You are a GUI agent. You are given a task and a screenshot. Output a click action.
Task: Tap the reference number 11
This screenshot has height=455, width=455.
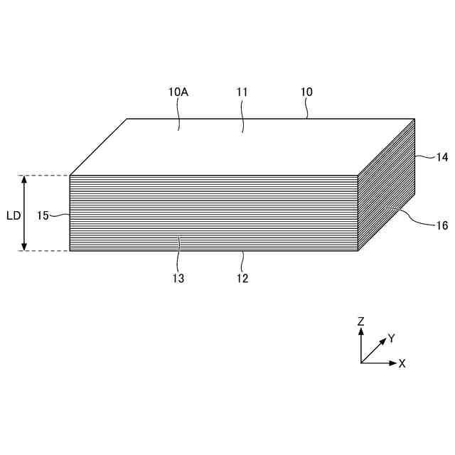[x=242, y=92]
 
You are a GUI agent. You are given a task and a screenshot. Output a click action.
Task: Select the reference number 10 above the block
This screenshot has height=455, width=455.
[x=306, y=92]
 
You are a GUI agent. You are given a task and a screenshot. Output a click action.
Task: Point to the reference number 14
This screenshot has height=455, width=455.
[x=442, y=158]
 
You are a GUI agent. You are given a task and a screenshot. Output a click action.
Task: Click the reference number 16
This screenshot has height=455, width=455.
[x=442, y=225]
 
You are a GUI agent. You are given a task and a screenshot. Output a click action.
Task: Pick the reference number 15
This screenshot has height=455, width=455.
[x=43, y=215]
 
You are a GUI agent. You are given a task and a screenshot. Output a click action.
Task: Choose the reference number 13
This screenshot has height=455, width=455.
[x=178, y=279]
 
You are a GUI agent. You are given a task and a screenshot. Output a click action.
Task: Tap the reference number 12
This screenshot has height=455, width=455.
[x=242, y=279]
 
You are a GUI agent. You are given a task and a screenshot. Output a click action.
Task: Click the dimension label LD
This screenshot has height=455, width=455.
[x=13, y=215]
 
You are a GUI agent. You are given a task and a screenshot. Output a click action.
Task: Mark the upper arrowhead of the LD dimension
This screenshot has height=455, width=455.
[x=25, y=180]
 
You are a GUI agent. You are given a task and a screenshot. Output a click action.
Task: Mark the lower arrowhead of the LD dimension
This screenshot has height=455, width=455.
[x=25, y=246]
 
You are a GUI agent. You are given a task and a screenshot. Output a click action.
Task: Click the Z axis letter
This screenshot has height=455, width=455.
[x=361, y=321]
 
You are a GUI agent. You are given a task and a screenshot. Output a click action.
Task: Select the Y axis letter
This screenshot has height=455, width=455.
[x=391, y=338]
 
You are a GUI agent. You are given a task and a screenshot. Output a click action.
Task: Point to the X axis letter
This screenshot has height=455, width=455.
[x=402, y=363]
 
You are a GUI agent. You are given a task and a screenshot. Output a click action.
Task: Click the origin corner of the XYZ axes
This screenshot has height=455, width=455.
[x=361, y=363]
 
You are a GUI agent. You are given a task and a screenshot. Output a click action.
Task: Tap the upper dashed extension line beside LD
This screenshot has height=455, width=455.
[x=43, y=176]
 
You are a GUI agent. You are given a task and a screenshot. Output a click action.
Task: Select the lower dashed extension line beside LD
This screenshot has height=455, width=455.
[x=43, y=251]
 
